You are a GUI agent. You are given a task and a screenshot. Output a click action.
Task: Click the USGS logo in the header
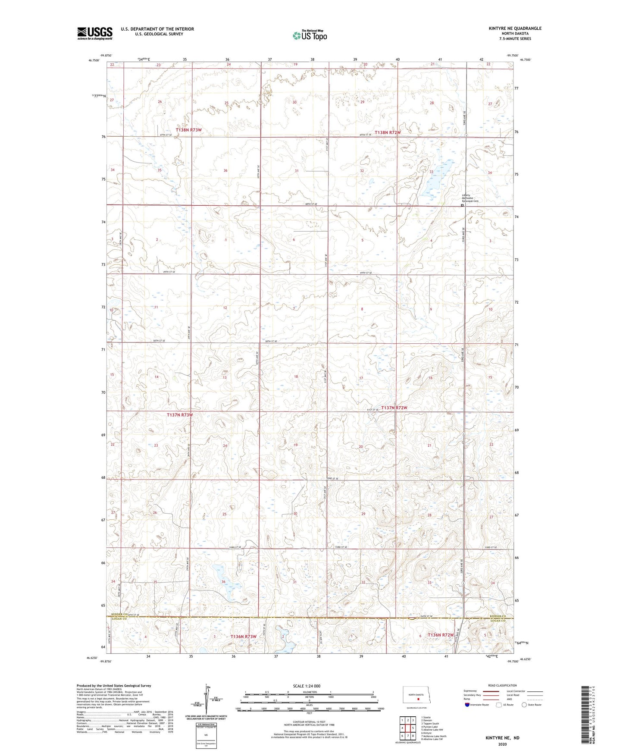tap(95, 33)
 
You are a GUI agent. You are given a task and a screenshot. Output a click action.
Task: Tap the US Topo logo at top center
tap(309, 35)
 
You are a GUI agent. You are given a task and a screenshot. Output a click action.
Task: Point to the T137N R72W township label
tap(394, 408)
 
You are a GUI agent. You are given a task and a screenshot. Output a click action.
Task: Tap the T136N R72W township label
tap(441, 635)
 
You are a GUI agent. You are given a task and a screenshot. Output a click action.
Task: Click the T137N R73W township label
tap(179, 415)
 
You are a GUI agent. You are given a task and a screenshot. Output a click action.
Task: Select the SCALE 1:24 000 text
tap(306, 686)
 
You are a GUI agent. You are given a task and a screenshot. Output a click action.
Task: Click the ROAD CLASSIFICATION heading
tap(502, 685)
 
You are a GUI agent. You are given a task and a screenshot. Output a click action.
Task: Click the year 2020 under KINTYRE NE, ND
tap(502, 744)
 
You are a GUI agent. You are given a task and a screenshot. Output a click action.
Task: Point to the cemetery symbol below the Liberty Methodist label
tap(462, 206)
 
